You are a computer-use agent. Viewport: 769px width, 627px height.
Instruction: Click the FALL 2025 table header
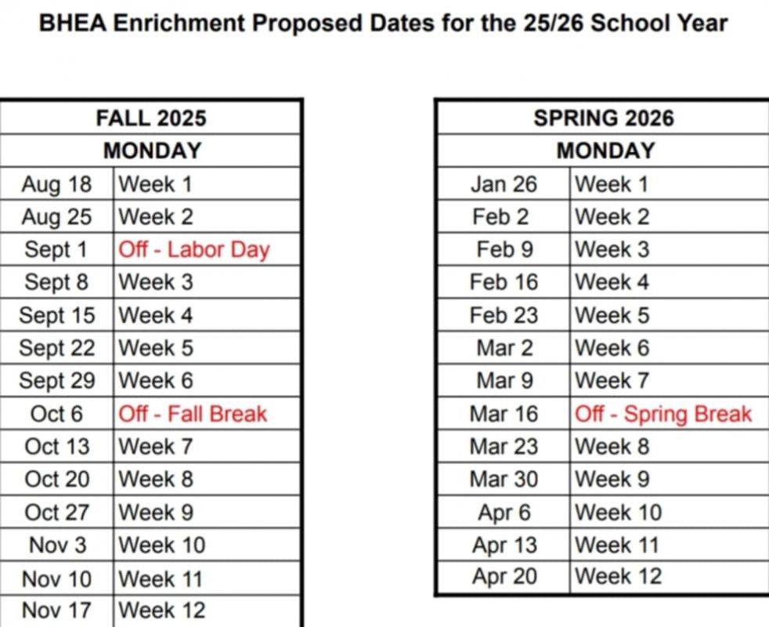click(151, 118)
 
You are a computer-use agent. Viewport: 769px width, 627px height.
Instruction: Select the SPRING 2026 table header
click(603, 118)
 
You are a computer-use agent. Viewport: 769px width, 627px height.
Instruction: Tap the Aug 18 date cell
click(56, 184)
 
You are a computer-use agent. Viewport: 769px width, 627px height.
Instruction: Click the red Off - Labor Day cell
click(193, 249)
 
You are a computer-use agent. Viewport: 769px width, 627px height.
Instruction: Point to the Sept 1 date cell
click(56, 249)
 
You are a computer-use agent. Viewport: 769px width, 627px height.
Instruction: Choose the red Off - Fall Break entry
click(193, 413)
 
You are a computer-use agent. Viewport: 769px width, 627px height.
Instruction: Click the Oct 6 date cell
click(56, 413)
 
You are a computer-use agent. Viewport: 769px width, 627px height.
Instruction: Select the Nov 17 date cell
click(56, 609)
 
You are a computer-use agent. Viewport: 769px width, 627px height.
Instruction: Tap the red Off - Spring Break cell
click(663, 413)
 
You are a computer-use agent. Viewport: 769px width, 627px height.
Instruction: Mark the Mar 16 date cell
click(504, 413)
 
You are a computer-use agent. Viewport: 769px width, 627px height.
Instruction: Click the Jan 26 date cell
click(504, 184)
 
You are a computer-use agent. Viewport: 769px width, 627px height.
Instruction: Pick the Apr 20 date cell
click(504, 576)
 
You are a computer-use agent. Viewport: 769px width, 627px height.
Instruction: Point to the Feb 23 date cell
click(504, 315)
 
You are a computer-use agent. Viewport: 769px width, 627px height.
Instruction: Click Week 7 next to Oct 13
click(155, 446)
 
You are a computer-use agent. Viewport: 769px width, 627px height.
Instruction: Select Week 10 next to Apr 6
click(618, 512)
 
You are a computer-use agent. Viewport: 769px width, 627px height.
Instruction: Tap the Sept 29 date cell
click(56, 380)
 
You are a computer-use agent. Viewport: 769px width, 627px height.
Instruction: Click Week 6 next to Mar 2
click(612, 347)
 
